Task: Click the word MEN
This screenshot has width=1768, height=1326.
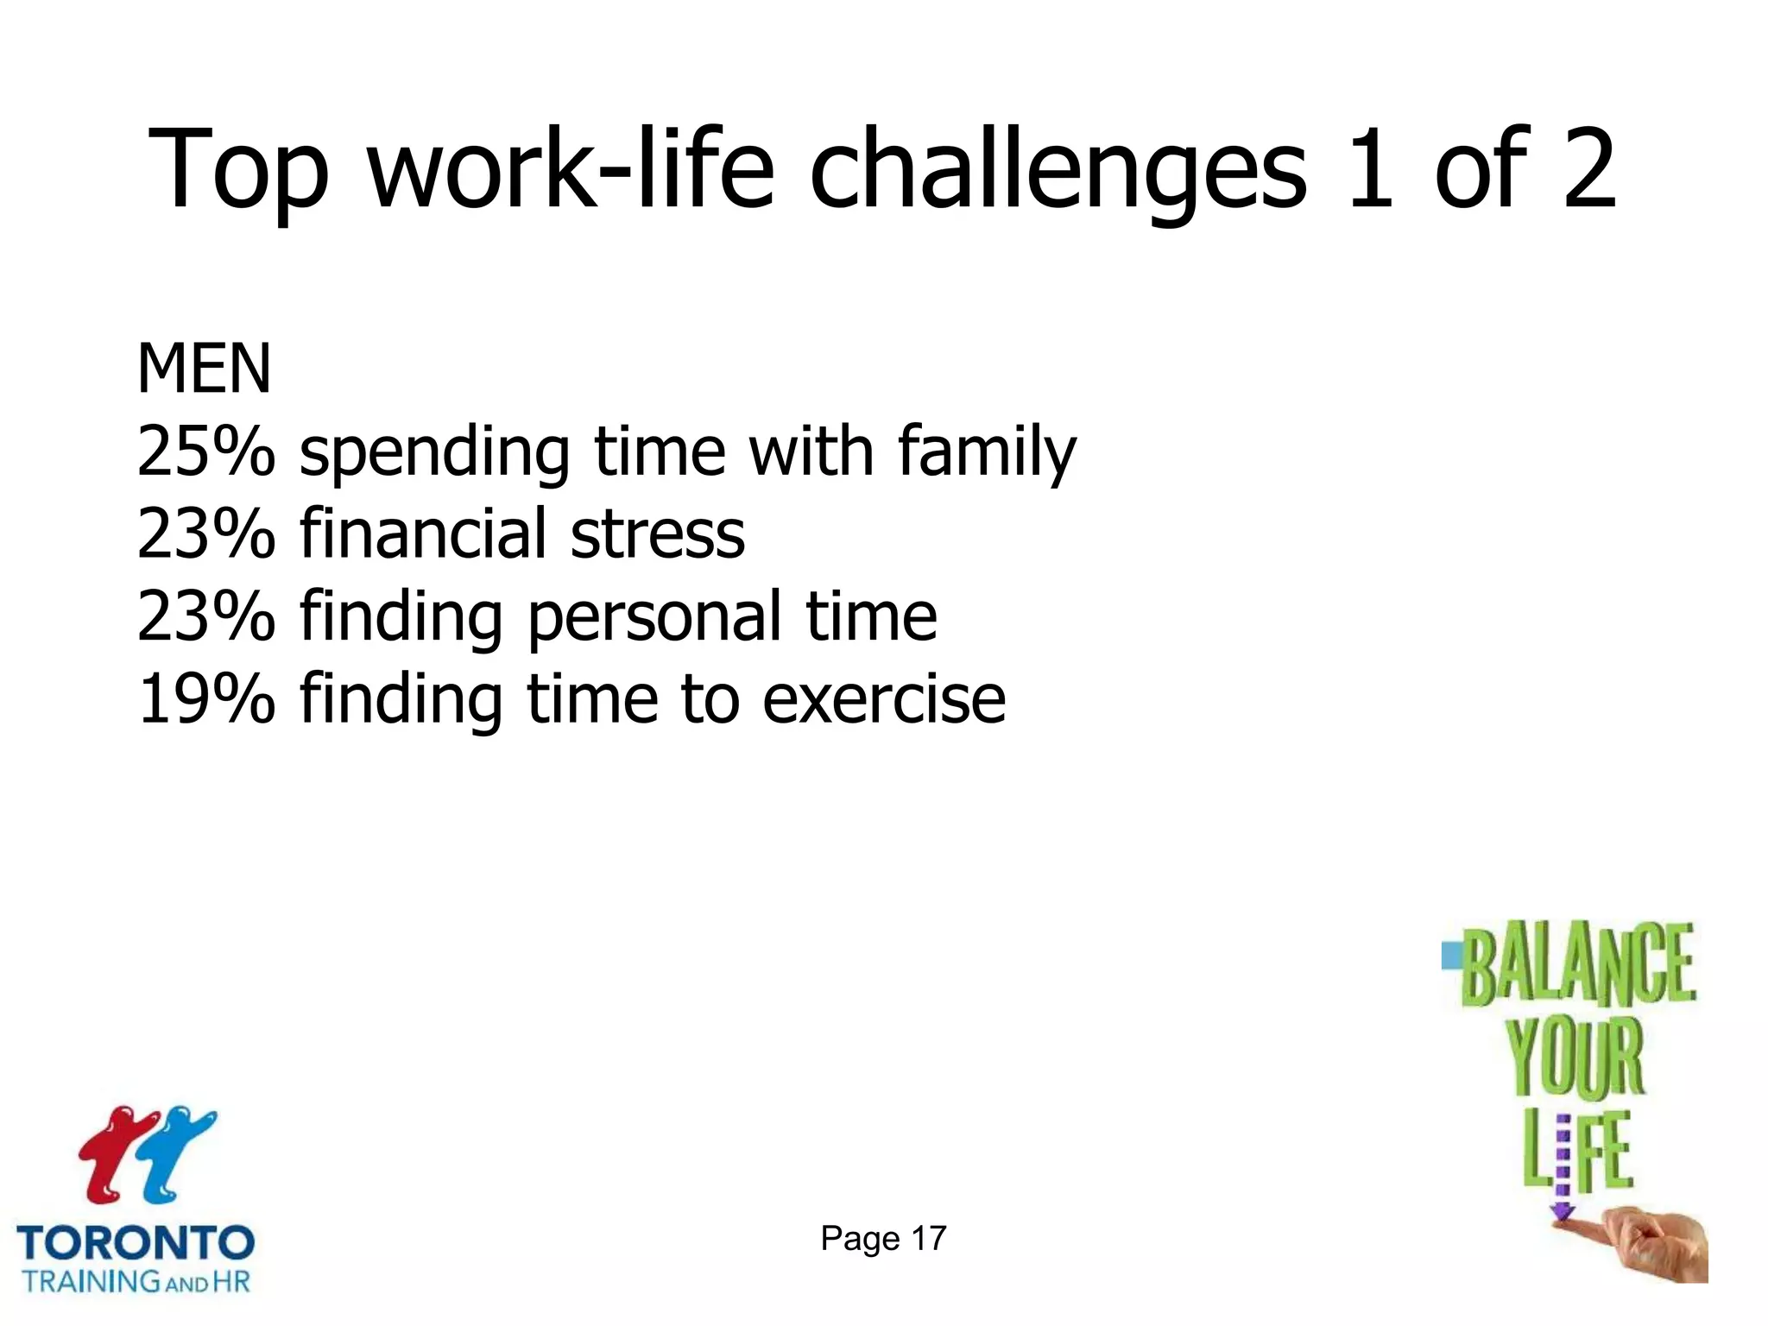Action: (205, 369)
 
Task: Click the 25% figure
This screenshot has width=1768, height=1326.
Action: (205, 451)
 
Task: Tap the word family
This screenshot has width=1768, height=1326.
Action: (987, 451)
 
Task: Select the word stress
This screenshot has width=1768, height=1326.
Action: (658, 534)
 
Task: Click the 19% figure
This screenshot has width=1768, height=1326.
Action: (205, 698)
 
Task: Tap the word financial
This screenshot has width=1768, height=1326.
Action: (422, 534)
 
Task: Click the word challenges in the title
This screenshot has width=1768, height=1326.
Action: (1058, 168)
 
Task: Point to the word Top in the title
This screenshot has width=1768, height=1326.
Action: (238, 168)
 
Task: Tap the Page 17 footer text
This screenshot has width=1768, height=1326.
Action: (883, 1239)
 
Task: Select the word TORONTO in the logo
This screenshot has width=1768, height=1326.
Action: (136, 1243)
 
